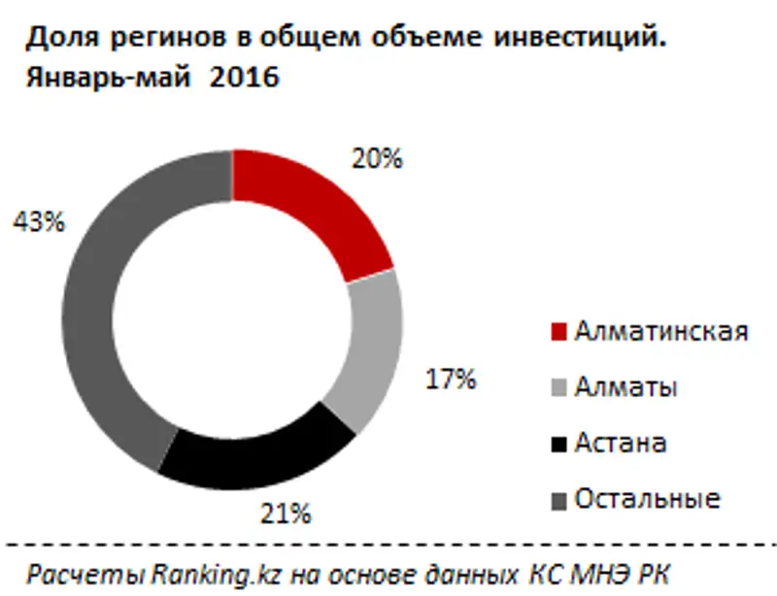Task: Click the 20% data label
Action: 376,158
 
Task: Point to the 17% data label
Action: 451,380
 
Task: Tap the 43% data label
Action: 38,221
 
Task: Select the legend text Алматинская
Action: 660,331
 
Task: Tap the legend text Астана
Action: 620,444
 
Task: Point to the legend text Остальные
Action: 647,500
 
